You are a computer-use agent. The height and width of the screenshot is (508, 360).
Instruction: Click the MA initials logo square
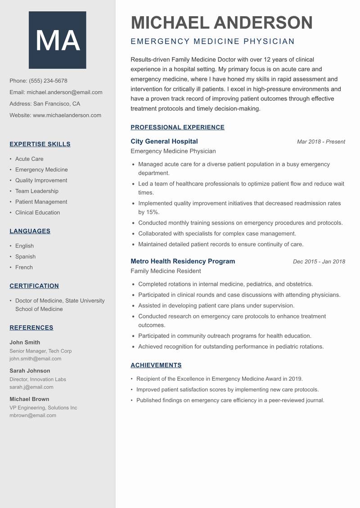pos(58,40)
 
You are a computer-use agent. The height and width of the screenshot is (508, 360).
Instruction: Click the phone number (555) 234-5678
pos(48,81)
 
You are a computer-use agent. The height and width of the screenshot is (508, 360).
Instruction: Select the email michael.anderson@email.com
pos(64,92)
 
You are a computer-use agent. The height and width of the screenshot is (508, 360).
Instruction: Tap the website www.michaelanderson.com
pos(67,115)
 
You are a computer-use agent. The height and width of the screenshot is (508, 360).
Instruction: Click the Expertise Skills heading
pos(40,144)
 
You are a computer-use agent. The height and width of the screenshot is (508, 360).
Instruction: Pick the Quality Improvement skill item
pos(41,180)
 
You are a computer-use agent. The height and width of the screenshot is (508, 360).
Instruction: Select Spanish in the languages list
pos(25,257)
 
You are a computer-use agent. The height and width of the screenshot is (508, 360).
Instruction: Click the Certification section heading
pos(34,286)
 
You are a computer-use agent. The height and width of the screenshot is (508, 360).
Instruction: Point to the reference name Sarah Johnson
pos(30,371)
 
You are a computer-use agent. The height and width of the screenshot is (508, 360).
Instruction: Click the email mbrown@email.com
pos(33,415)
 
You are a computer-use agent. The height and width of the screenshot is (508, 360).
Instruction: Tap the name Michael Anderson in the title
pos(221,22)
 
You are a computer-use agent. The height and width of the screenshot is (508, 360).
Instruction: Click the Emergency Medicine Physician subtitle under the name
pos(212,42)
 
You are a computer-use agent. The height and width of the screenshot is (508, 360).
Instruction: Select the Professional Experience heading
pos(177,127)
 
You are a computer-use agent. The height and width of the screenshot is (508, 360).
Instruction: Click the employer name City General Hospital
pos(164,141)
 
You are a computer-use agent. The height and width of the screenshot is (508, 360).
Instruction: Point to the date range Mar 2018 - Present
pos(321,142)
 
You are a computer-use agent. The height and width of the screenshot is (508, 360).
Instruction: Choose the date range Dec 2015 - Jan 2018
pos(319,262)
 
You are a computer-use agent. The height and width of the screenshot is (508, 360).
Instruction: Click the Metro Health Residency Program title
pos(183,261)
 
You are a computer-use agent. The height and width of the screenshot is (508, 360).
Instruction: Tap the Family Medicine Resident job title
pos(166,271)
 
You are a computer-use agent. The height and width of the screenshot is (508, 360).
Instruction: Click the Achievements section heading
pos(156,365)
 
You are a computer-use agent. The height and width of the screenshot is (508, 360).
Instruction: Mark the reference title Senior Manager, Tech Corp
pos(40,351)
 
